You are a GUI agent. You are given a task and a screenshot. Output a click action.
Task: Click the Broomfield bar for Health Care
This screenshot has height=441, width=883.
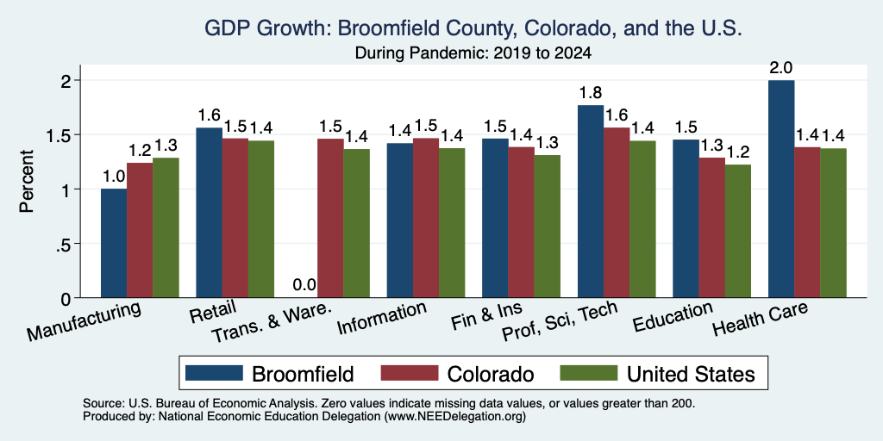[x=781, y=189]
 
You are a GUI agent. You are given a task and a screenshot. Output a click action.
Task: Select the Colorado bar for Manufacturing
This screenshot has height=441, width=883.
[x=140, y=230]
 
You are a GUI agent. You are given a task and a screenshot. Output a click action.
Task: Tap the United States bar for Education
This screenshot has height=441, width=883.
[x=738, y=231]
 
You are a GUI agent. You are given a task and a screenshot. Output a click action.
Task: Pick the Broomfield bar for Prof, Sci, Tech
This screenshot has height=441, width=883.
[x=591, y=202]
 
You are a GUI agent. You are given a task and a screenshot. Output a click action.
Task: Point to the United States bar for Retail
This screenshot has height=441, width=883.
[x=261, y=219]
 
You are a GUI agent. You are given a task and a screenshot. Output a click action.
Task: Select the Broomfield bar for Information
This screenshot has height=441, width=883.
[x=400, y=220]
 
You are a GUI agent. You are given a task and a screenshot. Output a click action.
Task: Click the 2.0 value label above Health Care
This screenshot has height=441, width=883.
[x=781, y=68]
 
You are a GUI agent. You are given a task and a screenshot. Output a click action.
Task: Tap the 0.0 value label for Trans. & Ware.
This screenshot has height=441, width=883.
[x=304, y=285]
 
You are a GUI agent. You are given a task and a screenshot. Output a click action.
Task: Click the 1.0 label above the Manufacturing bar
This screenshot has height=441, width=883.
[x=113, y=177]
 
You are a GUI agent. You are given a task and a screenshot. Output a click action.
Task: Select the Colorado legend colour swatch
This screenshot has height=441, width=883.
[x=410, y=373]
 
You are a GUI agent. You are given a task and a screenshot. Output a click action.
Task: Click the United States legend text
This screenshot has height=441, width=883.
[x=691, y=374]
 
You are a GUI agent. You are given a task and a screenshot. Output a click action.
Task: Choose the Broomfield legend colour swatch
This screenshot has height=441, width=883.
[x=214, y=373]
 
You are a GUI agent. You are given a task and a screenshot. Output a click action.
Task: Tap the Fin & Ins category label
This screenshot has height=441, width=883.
[x=486, y=318]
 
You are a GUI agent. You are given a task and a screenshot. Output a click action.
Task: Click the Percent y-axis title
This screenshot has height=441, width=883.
[x=27, y=181]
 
